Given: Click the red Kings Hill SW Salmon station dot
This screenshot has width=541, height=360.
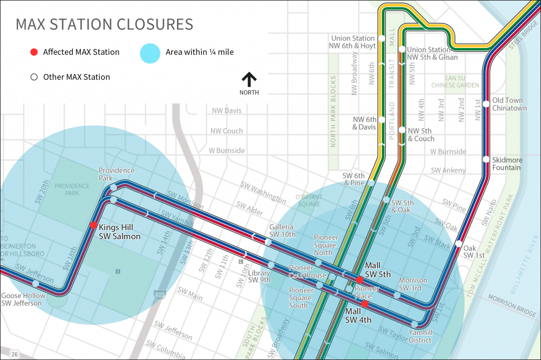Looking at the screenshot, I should click(x=93, y=225).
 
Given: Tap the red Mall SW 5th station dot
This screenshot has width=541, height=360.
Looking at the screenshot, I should click(x=359, y=279).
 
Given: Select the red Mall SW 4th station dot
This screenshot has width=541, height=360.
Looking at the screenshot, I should click(x=365, y=304).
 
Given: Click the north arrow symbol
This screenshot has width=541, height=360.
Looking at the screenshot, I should click(x=249, y=80).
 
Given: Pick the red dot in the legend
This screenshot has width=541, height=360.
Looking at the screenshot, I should click(x=34, y=52).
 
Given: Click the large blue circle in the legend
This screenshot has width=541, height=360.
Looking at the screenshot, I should click(x=150, y=52).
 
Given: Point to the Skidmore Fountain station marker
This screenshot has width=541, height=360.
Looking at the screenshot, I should click(x=486, y=159).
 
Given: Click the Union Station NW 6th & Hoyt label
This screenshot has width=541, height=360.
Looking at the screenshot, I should click(x=353, y=42).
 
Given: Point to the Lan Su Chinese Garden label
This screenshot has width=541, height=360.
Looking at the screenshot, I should click(x=455, y=81).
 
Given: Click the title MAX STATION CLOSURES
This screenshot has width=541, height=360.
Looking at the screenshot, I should click(x=104, y=24).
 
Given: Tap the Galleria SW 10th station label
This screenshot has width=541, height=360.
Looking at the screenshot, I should click(x=282, y=231).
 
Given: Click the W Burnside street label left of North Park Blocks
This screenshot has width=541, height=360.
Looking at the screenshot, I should click(x=227, y=150).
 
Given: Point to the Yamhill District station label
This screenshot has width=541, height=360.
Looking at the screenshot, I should click(x=420, y=337).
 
